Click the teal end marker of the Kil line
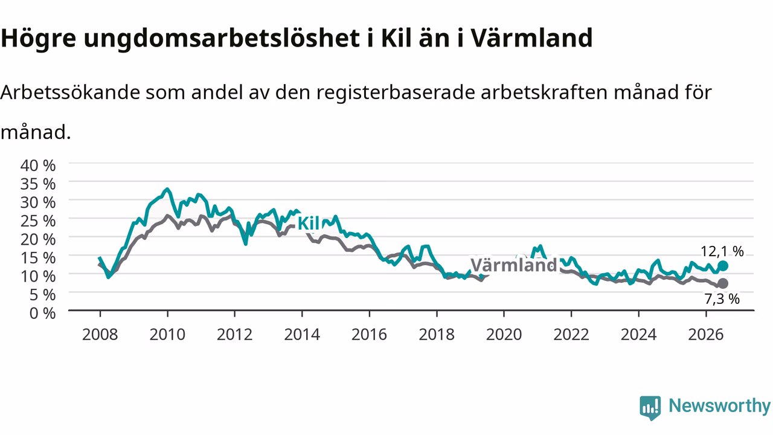(x=723, y=266)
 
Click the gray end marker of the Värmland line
(x=723, y=283)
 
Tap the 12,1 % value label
(x=722, y=251)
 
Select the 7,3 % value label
(x=722, y=299)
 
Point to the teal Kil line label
(x=309, y=224)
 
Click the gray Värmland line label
(x=514, y=265)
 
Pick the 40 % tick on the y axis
(x=38, y=166)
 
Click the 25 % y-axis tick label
(x=38, y=221)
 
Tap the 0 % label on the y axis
(x=42, y=313)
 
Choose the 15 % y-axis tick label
(x=38, y=258)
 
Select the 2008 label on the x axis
(x=100, y=335)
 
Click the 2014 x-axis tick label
(x=302, y=335)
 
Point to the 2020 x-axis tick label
(x=504, y=335)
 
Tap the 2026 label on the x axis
(x=706, y=335)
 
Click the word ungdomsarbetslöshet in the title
(x=222, y=39)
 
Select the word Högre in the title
(x=38, y=39)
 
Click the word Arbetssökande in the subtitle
(x=70, y=92)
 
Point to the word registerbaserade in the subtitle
(x=396, y=93)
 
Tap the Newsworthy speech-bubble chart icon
(x=650, y=408)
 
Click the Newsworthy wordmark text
(x=720, y=406)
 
